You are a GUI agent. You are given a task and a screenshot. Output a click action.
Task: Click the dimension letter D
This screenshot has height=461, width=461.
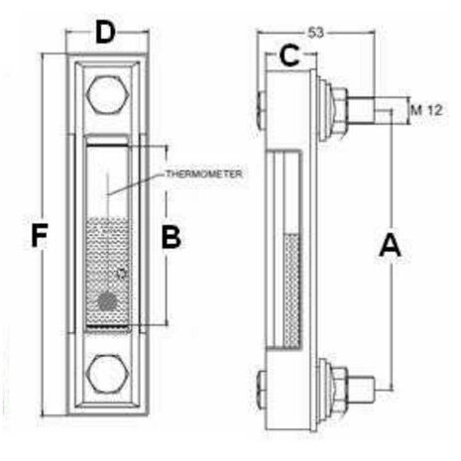[106, 32]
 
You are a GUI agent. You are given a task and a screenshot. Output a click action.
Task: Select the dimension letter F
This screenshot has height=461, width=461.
[40, 235]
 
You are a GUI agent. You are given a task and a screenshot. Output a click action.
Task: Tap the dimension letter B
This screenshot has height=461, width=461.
[172, 237]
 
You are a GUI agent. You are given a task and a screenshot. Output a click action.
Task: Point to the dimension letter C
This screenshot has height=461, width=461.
[289, 56]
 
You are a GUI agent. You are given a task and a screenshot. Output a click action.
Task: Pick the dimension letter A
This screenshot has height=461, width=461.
[390, 245]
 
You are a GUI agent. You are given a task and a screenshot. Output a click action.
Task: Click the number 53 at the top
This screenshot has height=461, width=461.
[316, 33]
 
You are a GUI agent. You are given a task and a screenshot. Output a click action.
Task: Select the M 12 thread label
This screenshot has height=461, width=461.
[426, 110]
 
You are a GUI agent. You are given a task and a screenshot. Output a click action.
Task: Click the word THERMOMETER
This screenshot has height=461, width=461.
[203, 173]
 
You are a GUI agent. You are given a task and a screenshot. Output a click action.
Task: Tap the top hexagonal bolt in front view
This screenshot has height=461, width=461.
[106, 95]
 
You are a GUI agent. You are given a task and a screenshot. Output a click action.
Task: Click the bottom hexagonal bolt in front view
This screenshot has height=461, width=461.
[106, 375]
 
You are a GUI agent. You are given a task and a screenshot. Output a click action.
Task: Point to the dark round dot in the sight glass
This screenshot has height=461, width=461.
[108, 301]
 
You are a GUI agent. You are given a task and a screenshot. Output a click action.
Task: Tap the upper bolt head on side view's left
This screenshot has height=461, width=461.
[261, 111]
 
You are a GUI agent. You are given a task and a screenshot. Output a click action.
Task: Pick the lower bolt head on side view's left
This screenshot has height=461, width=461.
[261, 389]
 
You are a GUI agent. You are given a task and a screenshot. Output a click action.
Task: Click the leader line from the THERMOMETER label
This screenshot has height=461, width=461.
[136, 184]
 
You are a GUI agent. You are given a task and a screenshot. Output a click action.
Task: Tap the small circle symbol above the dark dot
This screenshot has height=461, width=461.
[122, 274]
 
